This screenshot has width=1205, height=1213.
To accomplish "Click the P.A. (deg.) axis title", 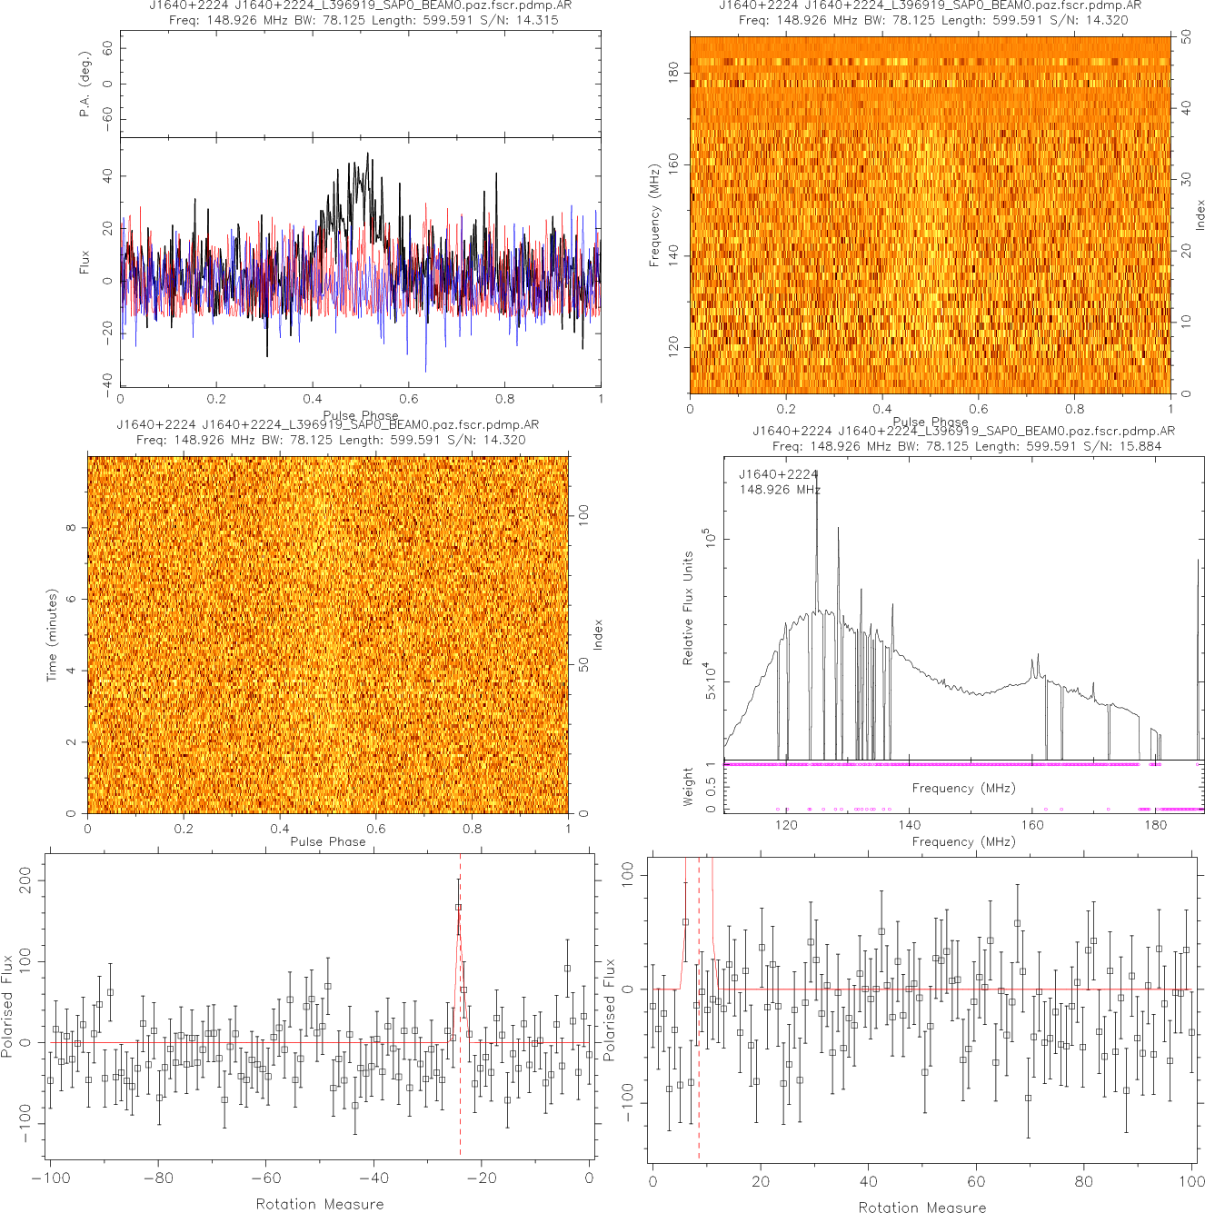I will [x=85, y=84].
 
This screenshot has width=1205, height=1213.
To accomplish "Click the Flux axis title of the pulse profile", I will [x=85, y=262].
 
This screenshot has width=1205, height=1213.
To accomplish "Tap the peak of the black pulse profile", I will [x=368, y=154].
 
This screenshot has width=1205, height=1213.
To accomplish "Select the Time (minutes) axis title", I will [x=52, y=635].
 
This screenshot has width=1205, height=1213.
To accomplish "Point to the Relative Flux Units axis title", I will [x=688, y=607].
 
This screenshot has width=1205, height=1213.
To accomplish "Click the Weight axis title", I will [x=688, y=786].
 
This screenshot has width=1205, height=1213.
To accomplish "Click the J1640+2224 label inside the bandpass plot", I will [x=778, y=474].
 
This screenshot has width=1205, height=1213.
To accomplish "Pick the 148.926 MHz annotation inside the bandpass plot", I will [x=780, y=490].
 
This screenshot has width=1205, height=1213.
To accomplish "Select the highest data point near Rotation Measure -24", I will [x=459, y=907].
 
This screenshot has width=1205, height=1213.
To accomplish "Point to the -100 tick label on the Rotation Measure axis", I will [x=50, y=1178].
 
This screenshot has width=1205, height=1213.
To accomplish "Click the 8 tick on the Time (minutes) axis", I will [x=71, y=528].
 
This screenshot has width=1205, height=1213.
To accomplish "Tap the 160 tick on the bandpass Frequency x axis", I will [x=1032, y=825].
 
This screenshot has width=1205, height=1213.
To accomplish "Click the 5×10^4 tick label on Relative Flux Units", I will [x=711, y=680].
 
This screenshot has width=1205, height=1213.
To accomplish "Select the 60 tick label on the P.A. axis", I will [x=108, y=49].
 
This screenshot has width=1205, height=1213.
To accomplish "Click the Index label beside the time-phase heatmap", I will [x=597, y=634].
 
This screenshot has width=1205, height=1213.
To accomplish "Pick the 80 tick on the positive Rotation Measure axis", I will [x=1084, y=1182].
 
